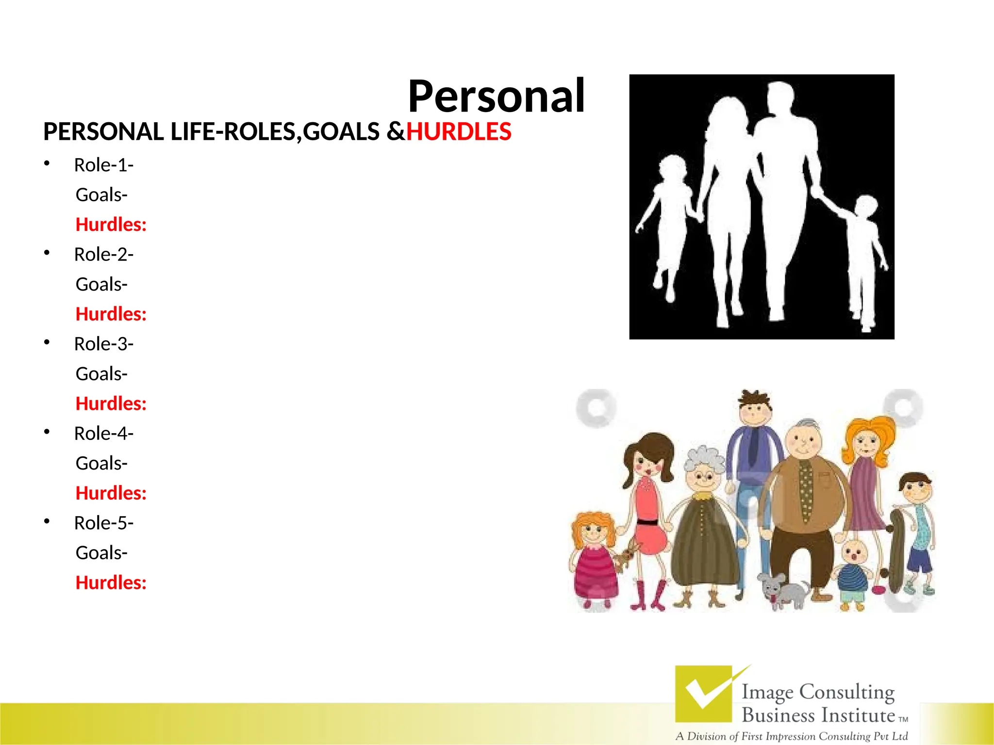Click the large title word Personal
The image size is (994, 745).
tap(496, 97)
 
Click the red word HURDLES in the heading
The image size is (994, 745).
tap(458, 132)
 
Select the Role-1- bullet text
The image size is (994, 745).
tap(103, 165)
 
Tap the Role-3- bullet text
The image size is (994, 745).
tap(103, 344)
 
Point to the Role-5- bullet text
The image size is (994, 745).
tap(103, 523)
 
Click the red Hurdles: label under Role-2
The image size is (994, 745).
tap(111, 314)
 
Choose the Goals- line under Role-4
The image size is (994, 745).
tap(101, 463)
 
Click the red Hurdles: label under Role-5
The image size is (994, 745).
tap(111, 583)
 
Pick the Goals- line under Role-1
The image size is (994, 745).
tap(101, 195)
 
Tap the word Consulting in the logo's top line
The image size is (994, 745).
tap(846, 692)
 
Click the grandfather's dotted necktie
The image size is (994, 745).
tap(806, 490)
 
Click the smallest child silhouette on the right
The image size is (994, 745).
tap(864, 262)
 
